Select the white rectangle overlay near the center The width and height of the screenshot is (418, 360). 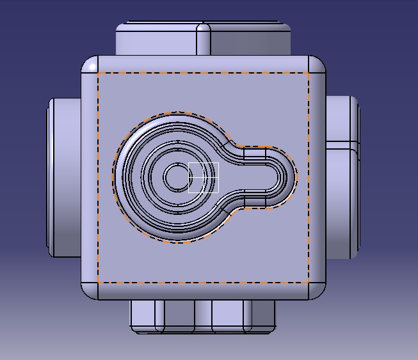pos(204,177)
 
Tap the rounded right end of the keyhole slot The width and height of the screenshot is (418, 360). pos(287,177)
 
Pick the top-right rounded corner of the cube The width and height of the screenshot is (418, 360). pos(317,65)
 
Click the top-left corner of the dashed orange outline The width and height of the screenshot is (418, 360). pos(98,73)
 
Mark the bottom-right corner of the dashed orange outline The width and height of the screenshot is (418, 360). pos(309,282)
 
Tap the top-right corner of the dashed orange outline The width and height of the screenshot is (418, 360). pos(309,73)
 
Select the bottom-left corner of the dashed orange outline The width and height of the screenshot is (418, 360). pos(98,282)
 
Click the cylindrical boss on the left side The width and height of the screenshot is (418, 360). pos(64,176)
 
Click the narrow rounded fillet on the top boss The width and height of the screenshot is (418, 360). pos(204,40)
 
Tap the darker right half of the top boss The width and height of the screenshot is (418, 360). pos(250,42)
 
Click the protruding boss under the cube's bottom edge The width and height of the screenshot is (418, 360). pos(203,315)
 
